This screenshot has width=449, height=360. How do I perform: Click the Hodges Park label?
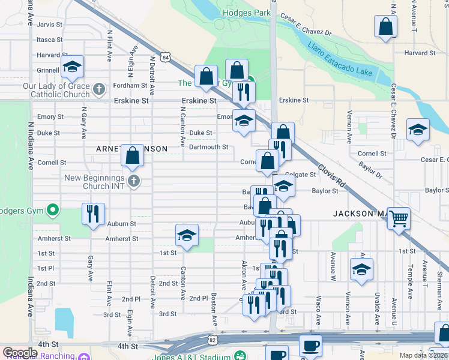tap(243, 13)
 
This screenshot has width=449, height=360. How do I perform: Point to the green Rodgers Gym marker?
tap(52, 210)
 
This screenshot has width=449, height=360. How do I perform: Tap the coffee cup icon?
tap(310, 346)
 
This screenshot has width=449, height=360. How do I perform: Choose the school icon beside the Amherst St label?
tap(187, 235)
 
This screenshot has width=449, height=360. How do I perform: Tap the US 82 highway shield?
tap(212, 340)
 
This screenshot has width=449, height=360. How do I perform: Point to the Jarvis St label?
tap(50, 25)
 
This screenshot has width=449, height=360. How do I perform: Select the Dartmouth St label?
tap(208, 147)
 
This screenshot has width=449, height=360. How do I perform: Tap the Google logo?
tap(20, 353)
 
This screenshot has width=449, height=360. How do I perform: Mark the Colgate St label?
tap(300, 175)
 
